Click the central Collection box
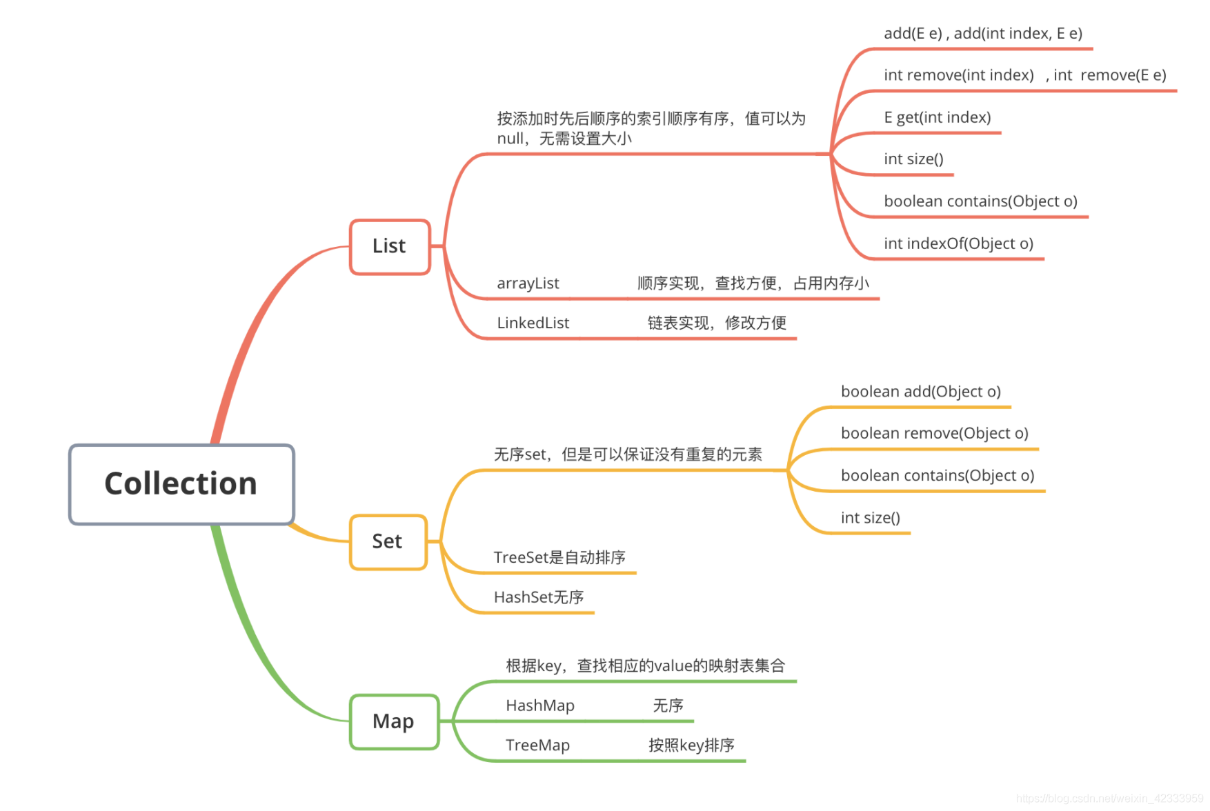pyautogui.click(x=181, y=484)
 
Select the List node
pyautogui.click(x=390, y=246)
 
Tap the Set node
pyautogui.click(x=388, y=542)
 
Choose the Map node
pyautogui.click(x=394, y=721)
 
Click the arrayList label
pyautogui.click(x=528, y=283)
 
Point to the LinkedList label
pyautogui.click(x=533, y=323)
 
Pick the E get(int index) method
pyautogui.click(x=937, y=118)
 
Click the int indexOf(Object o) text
pyautogui.click(x=958, y=243)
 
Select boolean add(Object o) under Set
pyautogui.click(x=920, y=392)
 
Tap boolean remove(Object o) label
pyautogui.click(x=934, y=434)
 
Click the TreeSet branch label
pyautogui.click(x=559, y=558)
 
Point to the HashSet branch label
pyautogui.click(x=539, y=597)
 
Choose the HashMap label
pyautogui.click(x=539, y=705)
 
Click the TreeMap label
pyautogui.click(x=537, y=745)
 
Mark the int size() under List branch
pyautogui.click(x=913, y=159)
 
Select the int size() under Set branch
pyautogui.click(x=870, y=518)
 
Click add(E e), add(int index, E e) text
pyautogui.click(x=982, y=34)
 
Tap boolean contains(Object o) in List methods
pyautogui.click(x=980, y=201)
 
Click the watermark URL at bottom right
pyautogui.click(x=1109, y=799)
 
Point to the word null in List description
pyautogui.click(x=510, y=139)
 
